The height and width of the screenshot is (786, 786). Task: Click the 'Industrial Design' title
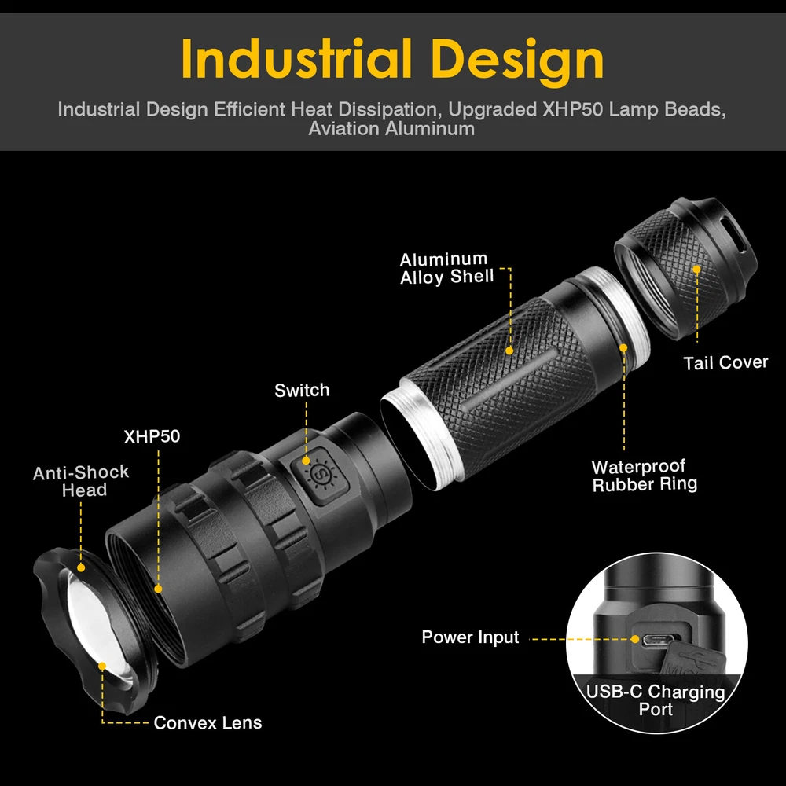[x=392, y=59]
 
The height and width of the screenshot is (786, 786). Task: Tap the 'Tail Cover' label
[x=725, y=362]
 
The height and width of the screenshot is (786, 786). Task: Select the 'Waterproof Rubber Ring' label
[x=645, y=476]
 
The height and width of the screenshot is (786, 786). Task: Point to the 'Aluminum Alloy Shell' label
[x=446, y=268]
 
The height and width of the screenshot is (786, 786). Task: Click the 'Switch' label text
[x=302, y=391]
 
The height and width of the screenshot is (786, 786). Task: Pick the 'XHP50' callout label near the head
[x=152, y=436]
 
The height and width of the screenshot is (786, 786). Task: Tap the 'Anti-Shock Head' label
[x=81, y=481]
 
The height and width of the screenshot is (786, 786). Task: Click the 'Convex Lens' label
[x=208, y=722]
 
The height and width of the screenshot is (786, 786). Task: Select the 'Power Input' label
[x=470, y=637]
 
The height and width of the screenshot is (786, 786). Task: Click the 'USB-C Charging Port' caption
[x=656, y=700]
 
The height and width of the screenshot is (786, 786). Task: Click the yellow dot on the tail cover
[x=696, y=269]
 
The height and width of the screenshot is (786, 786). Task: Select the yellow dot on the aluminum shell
[x=509, y=351]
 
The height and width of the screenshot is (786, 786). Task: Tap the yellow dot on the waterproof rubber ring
[x=623, y=346]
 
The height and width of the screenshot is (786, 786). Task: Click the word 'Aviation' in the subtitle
[x=343, y=129]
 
